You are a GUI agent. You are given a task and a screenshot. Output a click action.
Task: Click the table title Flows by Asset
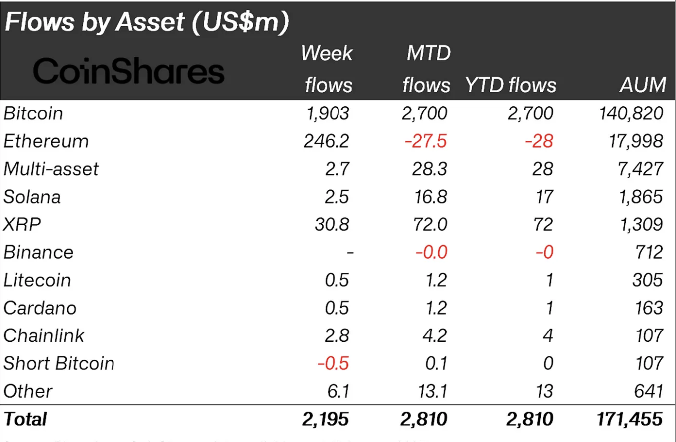pos(147,23)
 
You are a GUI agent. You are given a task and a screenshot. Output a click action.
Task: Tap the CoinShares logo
pos(128,71)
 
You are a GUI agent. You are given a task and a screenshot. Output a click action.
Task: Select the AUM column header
pos(642,85)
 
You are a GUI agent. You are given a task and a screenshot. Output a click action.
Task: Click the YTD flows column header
pos(511,85)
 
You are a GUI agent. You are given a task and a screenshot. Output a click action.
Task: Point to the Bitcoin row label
pos(33,113)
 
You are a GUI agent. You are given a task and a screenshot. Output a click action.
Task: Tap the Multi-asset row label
pos(51,169)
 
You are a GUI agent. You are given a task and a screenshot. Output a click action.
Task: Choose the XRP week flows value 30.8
pos(332,224)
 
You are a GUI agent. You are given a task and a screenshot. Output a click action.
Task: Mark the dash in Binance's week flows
pos(350,253)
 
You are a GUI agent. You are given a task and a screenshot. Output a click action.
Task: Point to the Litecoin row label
pos(37,280)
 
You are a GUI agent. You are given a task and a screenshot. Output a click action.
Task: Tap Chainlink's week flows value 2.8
pos(337,335)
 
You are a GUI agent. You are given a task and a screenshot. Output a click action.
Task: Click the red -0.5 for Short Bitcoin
pos(333,363)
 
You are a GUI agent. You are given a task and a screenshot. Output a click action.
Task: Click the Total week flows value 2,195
pos(326,419)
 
